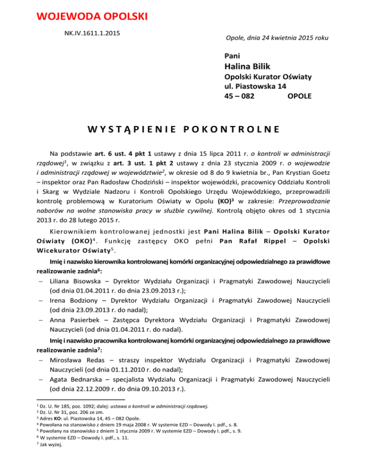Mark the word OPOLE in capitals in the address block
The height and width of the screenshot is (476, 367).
300,97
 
